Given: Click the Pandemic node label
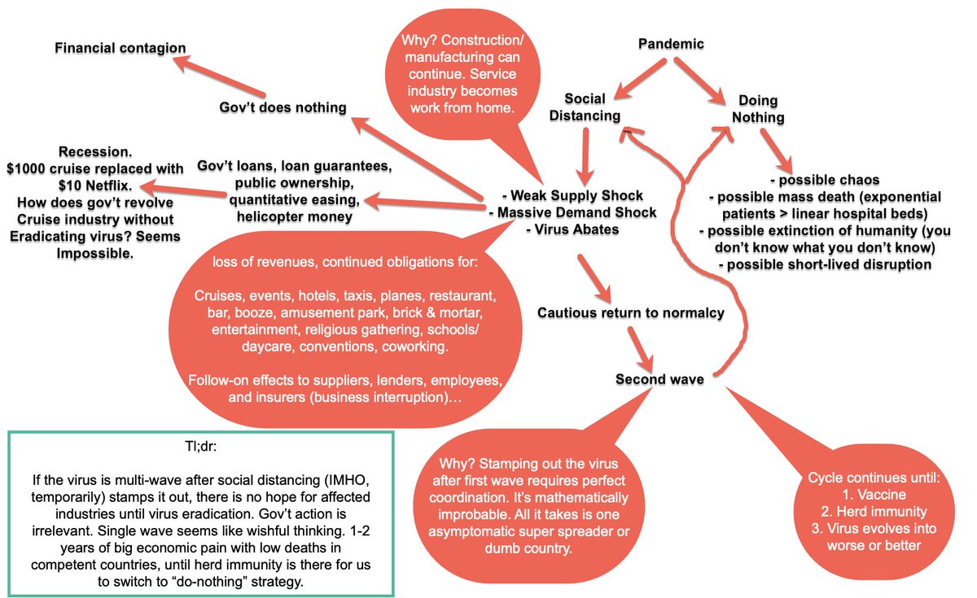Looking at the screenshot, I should coord(671,44).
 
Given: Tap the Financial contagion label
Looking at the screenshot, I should coord(120,48).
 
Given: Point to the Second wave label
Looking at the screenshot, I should coord(659,379).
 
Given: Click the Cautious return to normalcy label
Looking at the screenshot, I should coord(630,312).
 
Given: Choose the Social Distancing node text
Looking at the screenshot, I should coord(585,107).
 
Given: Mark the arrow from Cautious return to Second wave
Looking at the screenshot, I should coord(640,347).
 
